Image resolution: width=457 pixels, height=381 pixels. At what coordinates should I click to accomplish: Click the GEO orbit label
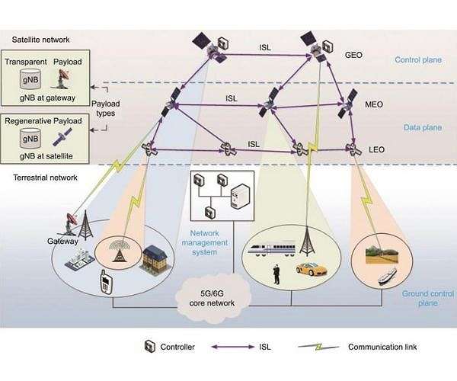click(353, 55)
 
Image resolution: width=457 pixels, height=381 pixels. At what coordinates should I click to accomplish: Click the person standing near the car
click(277, 274)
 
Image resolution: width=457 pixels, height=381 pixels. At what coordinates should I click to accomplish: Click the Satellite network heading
click(42, 40)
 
